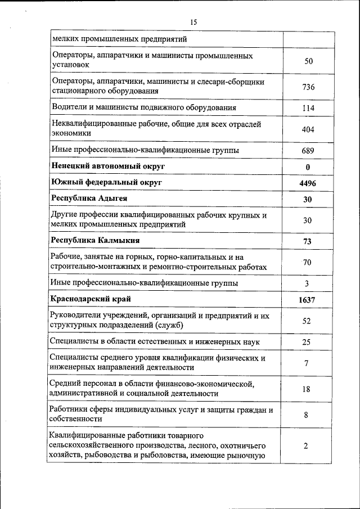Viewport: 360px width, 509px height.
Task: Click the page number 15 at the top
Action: pyautogui.click(x=193, y=22)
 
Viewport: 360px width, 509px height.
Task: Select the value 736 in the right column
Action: pyautogui.click(x=308, y=87)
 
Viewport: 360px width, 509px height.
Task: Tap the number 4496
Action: pyautogui.click(x=308, y=184)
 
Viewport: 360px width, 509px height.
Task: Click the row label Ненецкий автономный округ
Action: pyautogui.click(x=108, y=166)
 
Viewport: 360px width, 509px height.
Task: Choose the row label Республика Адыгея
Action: pyautogui.click(x=89, y=199)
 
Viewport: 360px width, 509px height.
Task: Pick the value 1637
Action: pyautogui.click(x=307, y=300)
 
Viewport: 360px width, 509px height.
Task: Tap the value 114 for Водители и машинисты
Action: pyautogui.click(x=308, y=108)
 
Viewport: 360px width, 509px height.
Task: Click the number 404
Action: pyautogui.click(x=308, y=129)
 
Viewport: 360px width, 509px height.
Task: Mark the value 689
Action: pyautogui.click(x=308, y=151)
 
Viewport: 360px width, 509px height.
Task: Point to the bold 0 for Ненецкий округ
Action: pyautogui.click(x=308, y=168)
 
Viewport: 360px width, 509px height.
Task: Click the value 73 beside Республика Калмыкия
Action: pyautogui.click(x=307, y=241)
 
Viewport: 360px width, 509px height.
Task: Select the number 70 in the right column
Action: pyautogui.click(x=308, y=262)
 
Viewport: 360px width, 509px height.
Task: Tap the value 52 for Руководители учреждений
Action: pyautogui.click(x=307, y=321)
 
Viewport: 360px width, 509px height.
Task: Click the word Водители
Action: pyautogui.click(x=68, y=107)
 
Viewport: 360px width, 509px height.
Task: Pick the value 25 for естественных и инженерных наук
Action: pyautogui.click(x=307, y=342)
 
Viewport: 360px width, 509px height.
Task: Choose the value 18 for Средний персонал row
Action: pyautogui.click(x=307, y=389)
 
